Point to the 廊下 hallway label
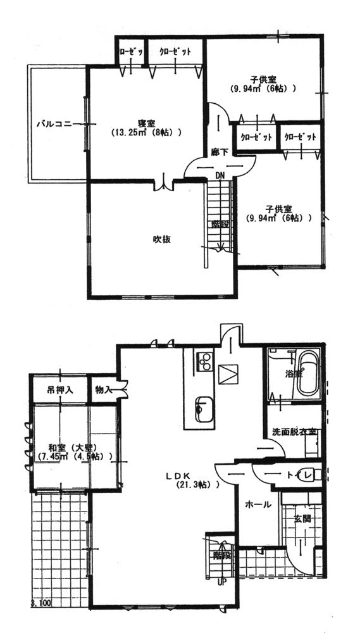tap(219, 153)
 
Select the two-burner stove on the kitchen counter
tap(204, 362)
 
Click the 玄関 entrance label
tap(302, 519)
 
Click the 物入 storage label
tap(103, 389)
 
